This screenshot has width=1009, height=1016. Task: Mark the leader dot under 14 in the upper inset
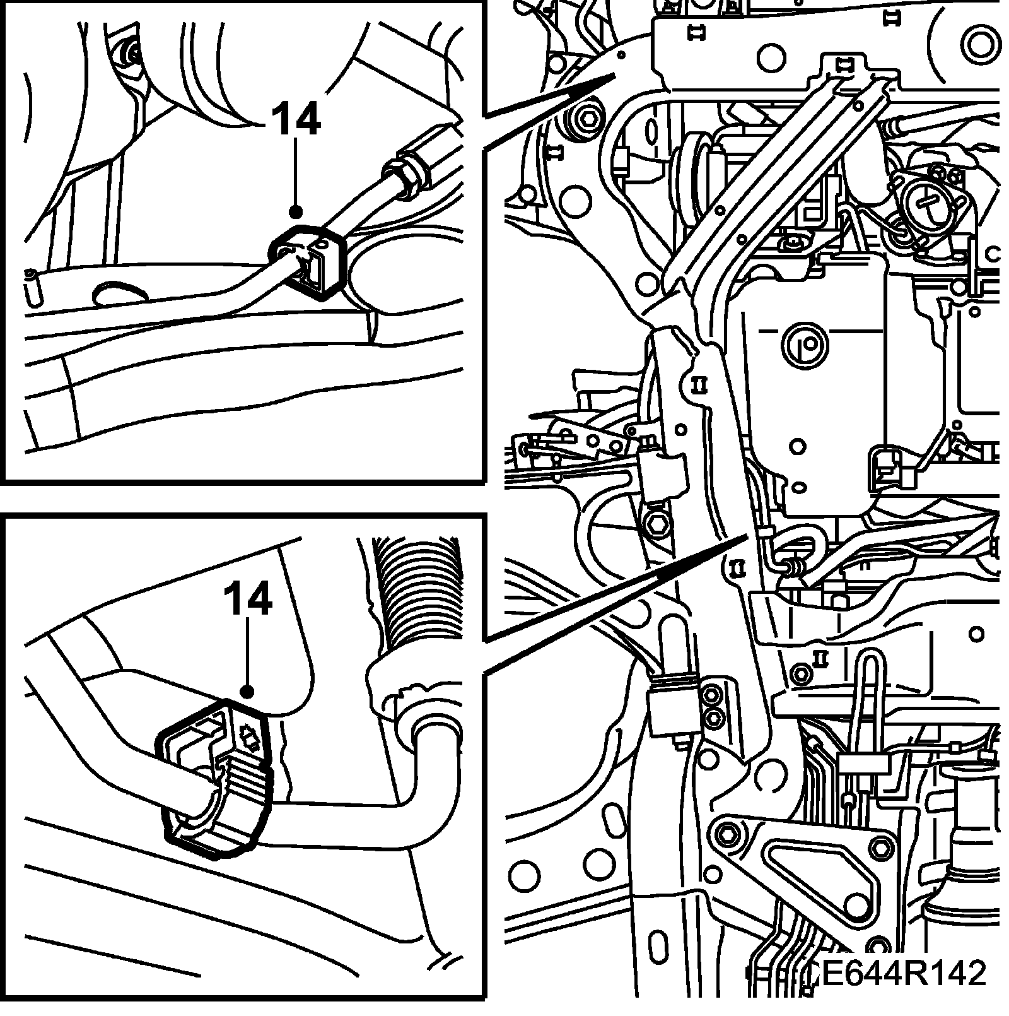[x=296, y=213]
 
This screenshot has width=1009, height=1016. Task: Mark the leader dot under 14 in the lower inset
[x=247, y=692]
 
